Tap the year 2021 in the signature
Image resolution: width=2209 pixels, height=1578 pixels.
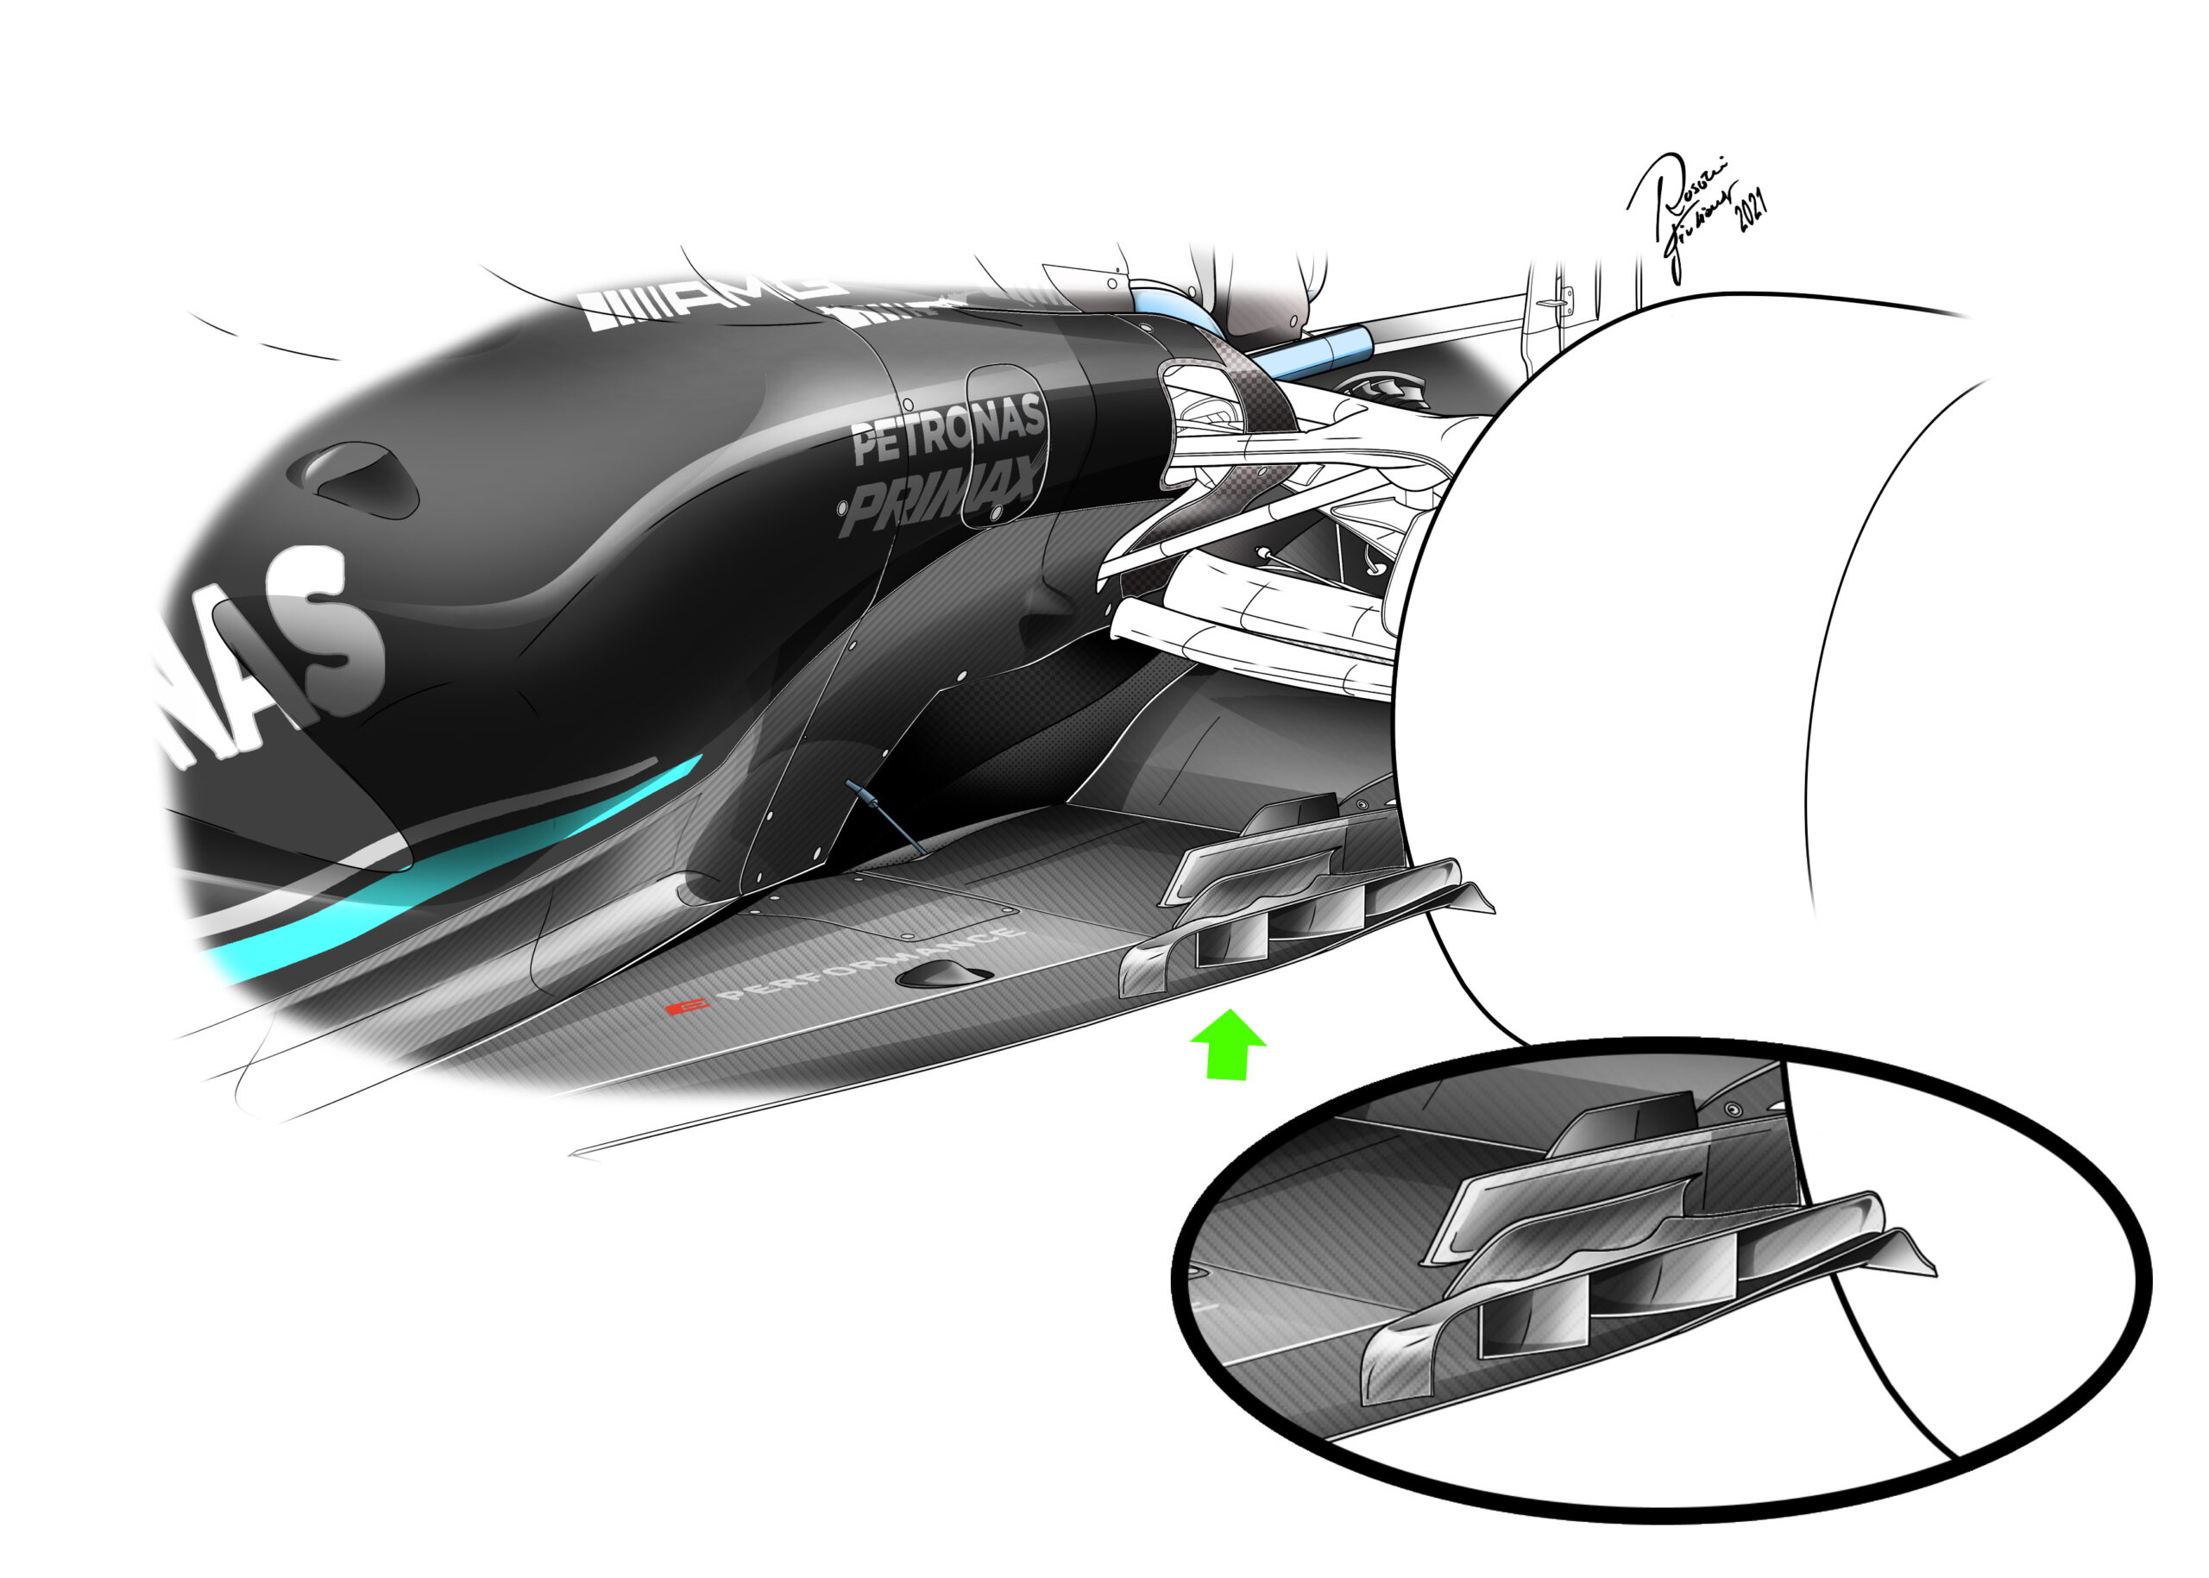1752,209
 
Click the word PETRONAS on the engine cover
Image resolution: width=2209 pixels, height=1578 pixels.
947,430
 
